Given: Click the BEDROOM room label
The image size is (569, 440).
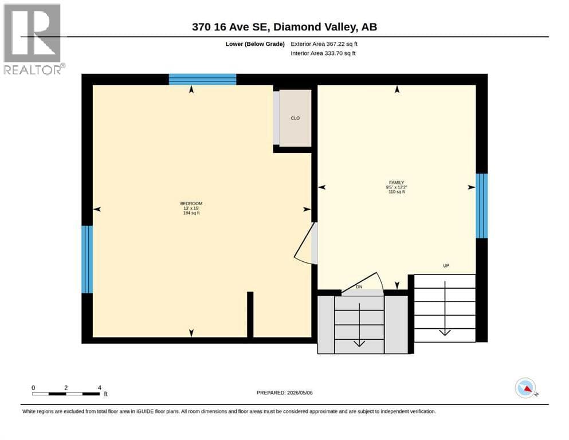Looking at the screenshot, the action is tap(191, 203).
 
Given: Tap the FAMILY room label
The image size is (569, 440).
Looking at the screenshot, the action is tap(397, 182).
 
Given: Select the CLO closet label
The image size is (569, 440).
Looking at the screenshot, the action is tap(295, 118).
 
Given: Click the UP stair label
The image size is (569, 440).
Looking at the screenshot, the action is tap(446, 265).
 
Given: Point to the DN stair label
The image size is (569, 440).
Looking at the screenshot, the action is tap(359, 287).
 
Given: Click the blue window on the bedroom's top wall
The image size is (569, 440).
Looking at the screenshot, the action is tap(202, 80).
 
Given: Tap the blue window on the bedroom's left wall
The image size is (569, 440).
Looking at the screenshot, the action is tap(87, 260).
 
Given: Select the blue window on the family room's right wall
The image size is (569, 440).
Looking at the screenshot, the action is tap(481, 206).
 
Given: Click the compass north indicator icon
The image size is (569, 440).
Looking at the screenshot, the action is tap(525, 388).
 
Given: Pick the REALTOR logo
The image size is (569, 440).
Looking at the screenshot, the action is tap(34, 39).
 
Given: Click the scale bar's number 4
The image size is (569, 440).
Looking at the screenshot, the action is tap(100, 388).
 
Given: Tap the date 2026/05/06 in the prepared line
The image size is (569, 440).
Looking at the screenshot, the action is tap(300, 392).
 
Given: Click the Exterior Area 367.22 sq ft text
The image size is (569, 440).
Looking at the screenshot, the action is tap(324, 44).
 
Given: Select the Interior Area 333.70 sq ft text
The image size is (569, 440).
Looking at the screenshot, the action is tap(323, 53).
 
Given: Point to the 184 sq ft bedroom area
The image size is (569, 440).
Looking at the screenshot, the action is tap(191, 213).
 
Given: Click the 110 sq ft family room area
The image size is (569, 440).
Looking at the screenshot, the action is tap(397, 191).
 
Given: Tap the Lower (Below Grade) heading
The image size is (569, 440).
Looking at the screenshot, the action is tap(255, 44).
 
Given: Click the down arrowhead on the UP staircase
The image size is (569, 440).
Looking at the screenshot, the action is tap(445, 333).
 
